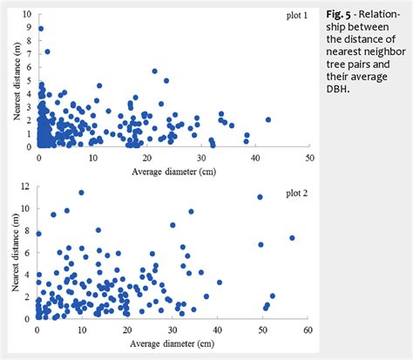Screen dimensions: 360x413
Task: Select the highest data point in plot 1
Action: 41,29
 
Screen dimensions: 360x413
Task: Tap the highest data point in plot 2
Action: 82,193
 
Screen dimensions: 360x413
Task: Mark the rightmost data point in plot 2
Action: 292,238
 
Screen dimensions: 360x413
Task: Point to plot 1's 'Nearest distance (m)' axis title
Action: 9,80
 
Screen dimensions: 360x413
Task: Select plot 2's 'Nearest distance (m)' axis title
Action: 9,253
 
